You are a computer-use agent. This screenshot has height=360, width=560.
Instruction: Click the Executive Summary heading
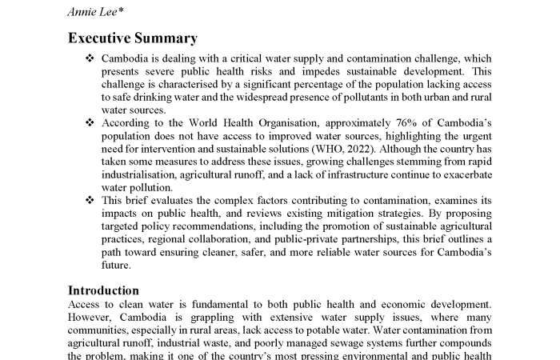[x=132, y=38]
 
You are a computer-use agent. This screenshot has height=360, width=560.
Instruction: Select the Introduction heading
[x=103, y=290]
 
